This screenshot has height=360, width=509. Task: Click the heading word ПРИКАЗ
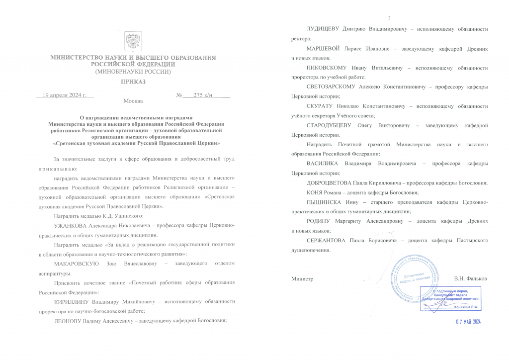click(x=133, y=81)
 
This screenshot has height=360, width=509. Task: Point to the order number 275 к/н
click(x=203, y=94)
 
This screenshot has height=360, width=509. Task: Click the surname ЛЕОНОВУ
click(x=70, y=321)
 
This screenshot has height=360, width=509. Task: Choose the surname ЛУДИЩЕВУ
click(x=324, y=29)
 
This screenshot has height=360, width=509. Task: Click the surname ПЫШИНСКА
click(x=323, y=202)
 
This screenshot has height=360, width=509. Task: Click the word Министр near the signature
click(x=302, y=279)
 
